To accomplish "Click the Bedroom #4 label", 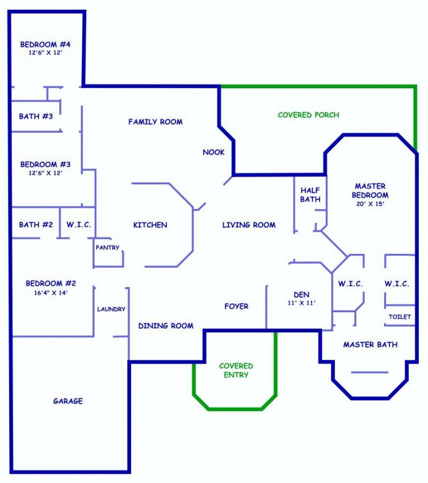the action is coord(45,44).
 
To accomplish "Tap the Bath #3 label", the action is coord(36,116).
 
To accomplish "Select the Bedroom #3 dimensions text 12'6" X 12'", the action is coord(45,173).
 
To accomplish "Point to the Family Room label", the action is coord(155,122).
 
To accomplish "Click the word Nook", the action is coord(213,152).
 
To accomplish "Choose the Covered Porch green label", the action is coord(308,115).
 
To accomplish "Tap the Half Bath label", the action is coord(310,195).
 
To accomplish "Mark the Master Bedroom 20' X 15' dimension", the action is coord(370,203).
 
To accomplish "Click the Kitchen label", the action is coord(150,225).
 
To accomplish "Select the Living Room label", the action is coord(249,225).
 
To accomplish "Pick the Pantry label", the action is coord(108,247).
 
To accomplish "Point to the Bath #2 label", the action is coord(36,224).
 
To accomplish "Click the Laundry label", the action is coord(111,309).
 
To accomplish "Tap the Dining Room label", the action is coord(166,326).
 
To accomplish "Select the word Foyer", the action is coord(236,306).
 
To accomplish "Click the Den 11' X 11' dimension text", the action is coord(302,303).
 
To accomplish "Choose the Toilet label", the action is coord(400,316).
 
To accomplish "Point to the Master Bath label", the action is coord(370,345).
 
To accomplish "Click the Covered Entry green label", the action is coord(236,370).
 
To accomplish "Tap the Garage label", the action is coord(68,401).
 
